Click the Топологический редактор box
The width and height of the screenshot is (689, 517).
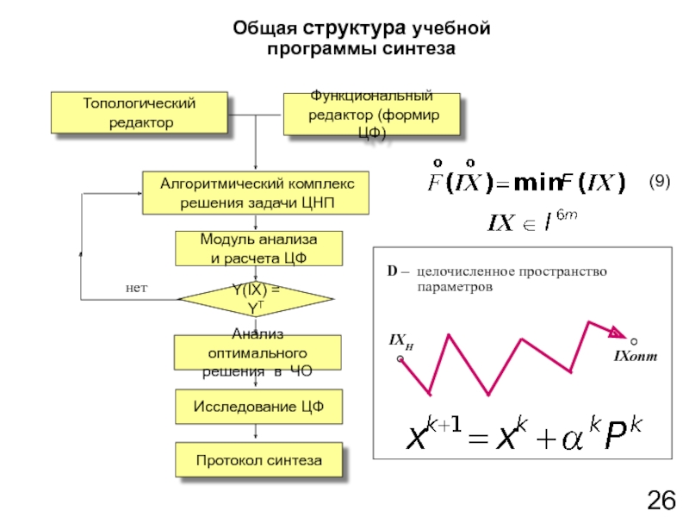point(140,113)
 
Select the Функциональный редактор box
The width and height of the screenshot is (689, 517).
point(371,115)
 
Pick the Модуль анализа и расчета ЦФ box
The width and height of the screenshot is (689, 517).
point(258,248)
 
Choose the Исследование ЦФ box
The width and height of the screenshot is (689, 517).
point(258,407)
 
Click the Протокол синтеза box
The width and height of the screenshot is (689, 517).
point(258,461)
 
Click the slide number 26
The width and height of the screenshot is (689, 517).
point(661,499)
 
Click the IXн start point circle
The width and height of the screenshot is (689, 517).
point(400,361)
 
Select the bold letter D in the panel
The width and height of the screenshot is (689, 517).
point(391,272)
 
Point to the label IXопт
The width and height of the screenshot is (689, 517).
point(635,356)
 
